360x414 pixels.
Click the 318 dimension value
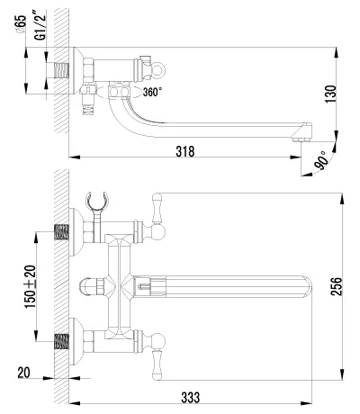click(x=185, y=151)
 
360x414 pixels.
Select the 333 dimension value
click(x=190, y=398)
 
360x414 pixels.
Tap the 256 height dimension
click(x=336, y=286)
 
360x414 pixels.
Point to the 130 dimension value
click(x=331, y=94)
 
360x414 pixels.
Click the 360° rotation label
click(x=152, y=92)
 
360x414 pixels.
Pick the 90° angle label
click(x=319, y=160)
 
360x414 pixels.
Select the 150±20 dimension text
click(x=30, y=287)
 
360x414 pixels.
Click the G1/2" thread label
click(x=40, y=24)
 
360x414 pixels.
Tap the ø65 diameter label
click(x=22, y=24)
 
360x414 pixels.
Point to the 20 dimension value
click(x=23, y=373)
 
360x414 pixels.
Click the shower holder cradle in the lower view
click(x=97, y=199)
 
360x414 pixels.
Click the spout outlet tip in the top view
click(x=301, y=139)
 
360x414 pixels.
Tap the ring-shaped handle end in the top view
click(x=158, y=70)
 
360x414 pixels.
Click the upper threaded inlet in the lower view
click(x=61, y=232)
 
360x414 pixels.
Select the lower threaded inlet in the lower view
click(x=61, y=342)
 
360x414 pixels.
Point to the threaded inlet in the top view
click(x=61, y=71)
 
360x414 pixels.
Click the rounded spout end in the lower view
click(x=307, y=287)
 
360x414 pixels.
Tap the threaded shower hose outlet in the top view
click(x=88, y=109)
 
